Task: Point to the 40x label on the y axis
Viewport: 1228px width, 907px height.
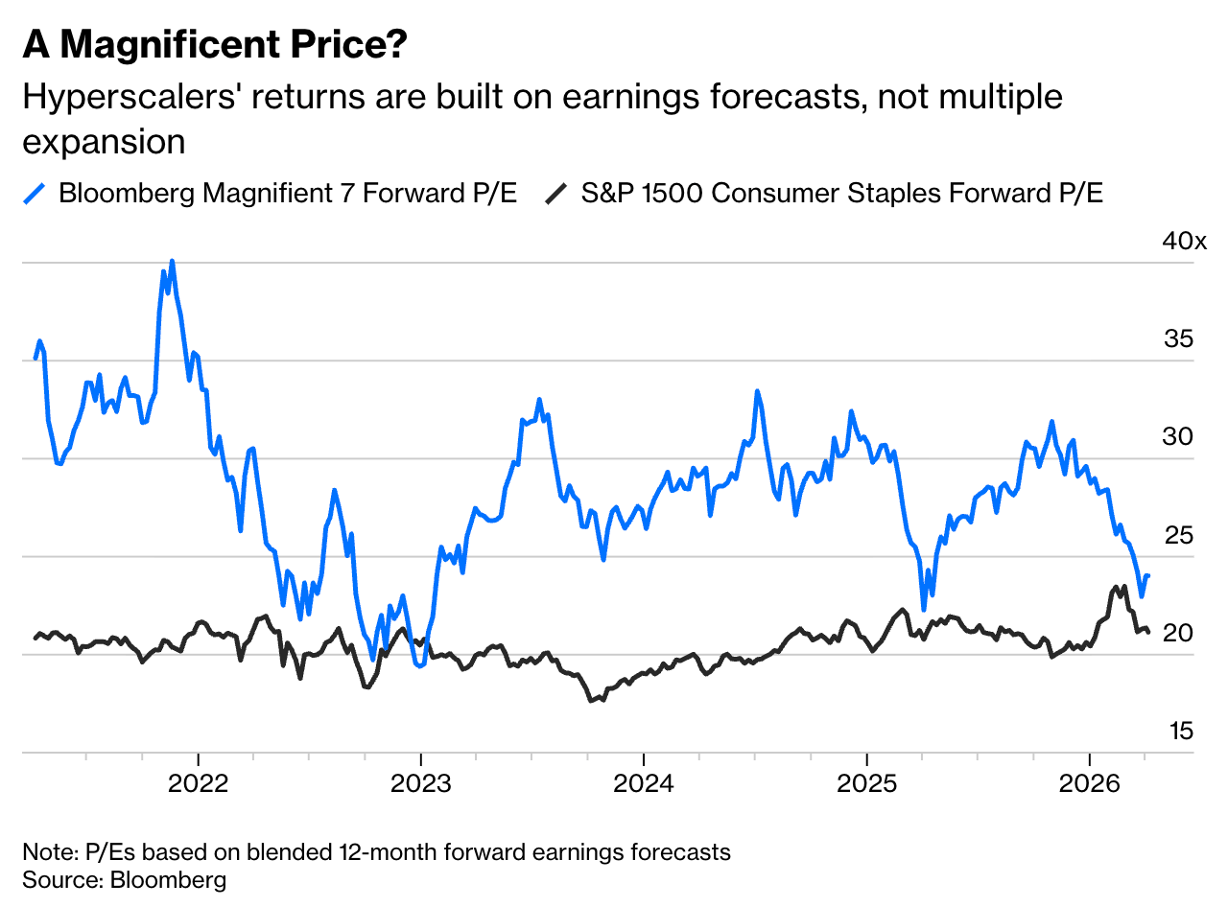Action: pos(1185,241)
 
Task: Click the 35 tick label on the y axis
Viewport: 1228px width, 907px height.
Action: pos(1179,338)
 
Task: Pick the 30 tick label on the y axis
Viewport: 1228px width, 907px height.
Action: pos(1179,437)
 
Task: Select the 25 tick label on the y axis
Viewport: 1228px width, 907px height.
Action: pos(1179,535)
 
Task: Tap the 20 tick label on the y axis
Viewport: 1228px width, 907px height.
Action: pos(1179,634)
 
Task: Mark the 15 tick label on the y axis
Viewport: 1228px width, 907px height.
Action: pos(1179,732)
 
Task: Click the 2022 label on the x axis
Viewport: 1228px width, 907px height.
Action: pos(198,783)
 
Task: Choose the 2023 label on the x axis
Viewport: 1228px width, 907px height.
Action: pos(420,783)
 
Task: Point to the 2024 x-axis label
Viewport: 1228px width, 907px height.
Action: pos(644,783)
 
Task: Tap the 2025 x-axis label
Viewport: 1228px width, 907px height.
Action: pos(866,783)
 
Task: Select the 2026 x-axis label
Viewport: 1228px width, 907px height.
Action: pos(1090,783)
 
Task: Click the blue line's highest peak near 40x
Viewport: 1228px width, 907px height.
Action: pos(172,261)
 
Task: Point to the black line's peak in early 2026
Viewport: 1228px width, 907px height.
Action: pos(1123,586)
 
